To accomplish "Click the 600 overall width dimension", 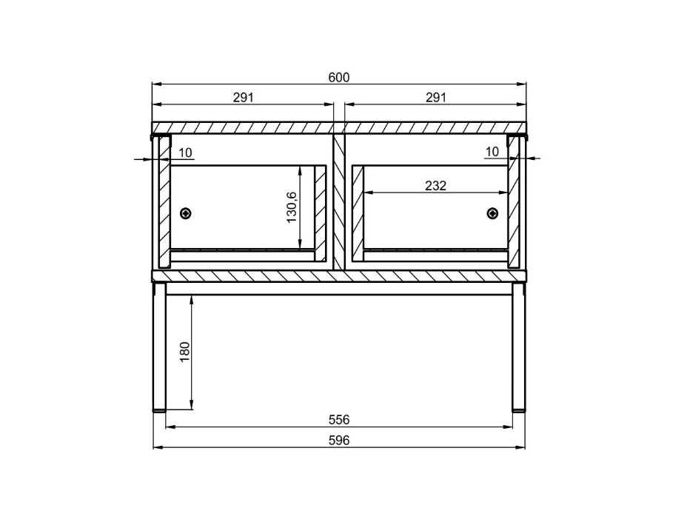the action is pos(339,78).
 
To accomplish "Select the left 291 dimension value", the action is pos(243,97).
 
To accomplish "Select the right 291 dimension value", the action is pos(436,97).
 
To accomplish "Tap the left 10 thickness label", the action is pos(185,153).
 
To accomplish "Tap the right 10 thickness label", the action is pos(492,152).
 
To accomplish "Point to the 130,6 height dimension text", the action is pos(292,207).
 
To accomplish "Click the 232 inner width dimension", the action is pos(435,186).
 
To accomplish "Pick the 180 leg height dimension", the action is pos(184,352).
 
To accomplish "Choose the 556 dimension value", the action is pos(339,420).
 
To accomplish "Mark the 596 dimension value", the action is pos(339,440).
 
